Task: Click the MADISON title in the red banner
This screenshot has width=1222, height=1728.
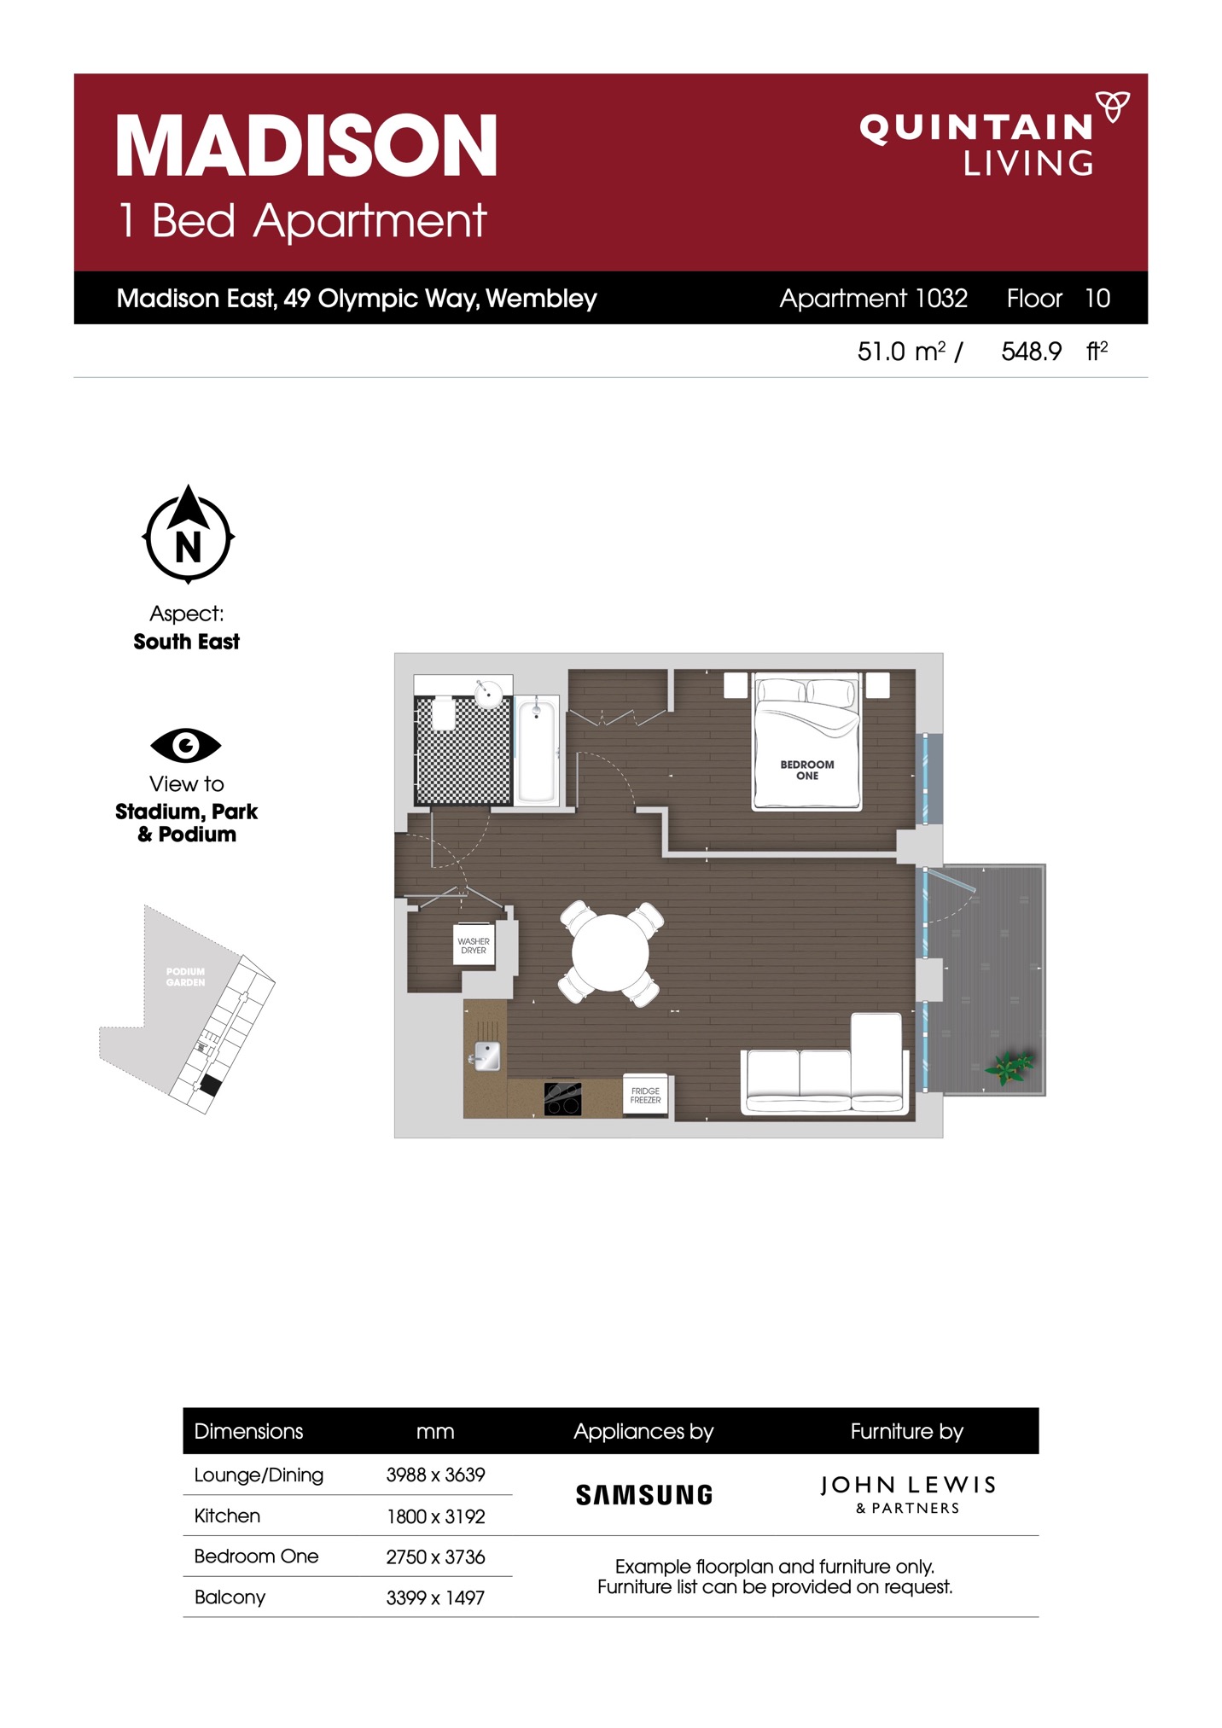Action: (x=306, y=146)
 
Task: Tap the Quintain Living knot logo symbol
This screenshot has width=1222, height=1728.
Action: (x=1112, y=107)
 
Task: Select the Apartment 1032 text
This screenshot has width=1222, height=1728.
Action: (x=873, y=299)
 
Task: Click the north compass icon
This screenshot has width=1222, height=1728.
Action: (x=188, y=534)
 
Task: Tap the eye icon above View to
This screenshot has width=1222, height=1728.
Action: (x=186, y=746)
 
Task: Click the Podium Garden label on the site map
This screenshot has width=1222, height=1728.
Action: (x=185, y=977)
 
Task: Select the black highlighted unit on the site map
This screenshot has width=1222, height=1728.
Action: (x=210, y=1085)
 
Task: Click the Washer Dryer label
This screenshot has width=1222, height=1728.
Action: (x=474, y=945)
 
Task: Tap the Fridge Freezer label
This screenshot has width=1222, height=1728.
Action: (x=645, y=1096)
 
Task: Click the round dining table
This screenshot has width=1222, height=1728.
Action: (x=610, y=952)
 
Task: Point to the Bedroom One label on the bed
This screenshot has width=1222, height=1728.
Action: (x=807, y=771)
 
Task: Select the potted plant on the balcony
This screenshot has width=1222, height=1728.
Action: (x=1010, y=1067)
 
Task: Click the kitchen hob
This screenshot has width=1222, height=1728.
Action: (x=562, y=1099)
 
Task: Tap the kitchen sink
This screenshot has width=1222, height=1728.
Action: (x=486, y=1056)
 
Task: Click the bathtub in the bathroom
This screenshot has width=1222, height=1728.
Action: (x=537, y=750)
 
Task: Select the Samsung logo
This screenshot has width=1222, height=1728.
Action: (x=644, y=1495)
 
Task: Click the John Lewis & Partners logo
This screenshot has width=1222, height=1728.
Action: (x=908, y=1495)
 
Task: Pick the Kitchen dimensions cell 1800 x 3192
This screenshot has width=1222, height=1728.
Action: (x=435, y=1516)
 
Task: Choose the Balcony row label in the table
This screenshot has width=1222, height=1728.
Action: (x=230, y=1597)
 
